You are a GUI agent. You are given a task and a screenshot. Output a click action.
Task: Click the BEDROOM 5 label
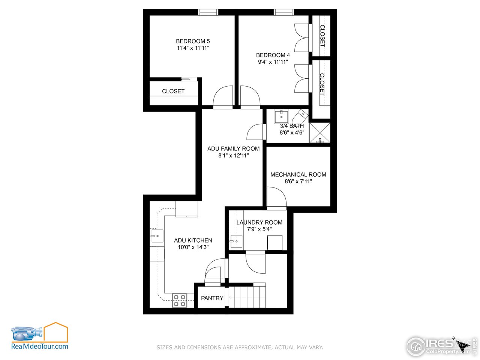click(x=193, y=41)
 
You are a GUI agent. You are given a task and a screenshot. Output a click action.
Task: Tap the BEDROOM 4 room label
click(x=273, y=55)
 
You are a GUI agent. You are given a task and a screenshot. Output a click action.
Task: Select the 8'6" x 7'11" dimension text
click(x=298, y=181)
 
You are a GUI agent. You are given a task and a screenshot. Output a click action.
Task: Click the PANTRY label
click(x=212, y=298)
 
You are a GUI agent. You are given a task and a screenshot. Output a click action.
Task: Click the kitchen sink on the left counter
click(x=157, y=236)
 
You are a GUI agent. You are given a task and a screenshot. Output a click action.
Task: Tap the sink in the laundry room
click(x=236, y=241)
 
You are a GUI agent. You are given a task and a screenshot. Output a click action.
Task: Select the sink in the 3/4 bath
click(x=281, y=116)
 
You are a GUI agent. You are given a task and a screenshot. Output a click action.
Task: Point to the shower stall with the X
click(x=320, y=132)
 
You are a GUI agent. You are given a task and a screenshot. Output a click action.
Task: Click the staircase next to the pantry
click(x=246, y=296)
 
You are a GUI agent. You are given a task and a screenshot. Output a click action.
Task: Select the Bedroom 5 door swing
click(x=223, y=97)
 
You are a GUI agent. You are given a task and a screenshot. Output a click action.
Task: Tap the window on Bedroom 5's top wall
click(x=208, y=12)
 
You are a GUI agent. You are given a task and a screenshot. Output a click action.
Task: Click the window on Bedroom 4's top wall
click(x=283, y=12)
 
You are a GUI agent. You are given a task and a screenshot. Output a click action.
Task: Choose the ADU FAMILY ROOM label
click(x=233, y=149)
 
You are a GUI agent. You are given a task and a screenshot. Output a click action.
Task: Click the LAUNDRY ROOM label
click(x=259, y=222)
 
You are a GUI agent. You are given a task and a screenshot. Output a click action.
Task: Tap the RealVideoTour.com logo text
click(x=40, y=346)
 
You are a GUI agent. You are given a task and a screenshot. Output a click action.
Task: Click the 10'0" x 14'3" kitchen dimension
click(x=193, y=247)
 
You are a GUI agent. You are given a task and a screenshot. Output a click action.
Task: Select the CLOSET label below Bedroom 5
click(x=173, y=91)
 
